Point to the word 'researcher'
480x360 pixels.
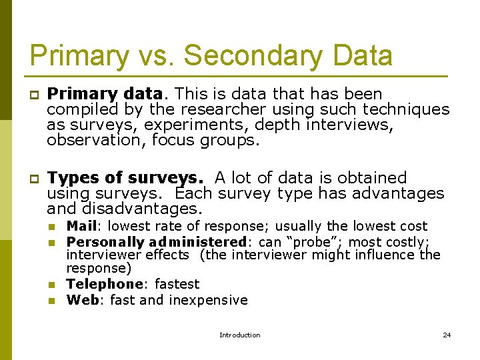(220, 109)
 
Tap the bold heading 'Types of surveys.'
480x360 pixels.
(125, 178)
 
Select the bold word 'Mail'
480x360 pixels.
(81, 226)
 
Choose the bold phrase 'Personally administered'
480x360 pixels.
(157, 242)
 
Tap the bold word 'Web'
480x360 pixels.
(82, 300)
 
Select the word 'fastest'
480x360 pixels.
(177, 284)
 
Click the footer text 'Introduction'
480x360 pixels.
(240, 335)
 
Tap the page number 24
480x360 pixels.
(447, 335)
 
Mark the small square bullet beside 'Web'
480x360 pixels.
(50, 301)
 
